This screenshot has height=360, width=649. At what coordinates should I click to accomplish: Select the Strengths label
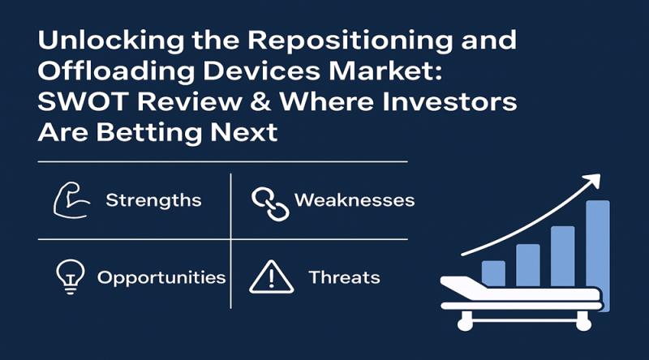point(153,200)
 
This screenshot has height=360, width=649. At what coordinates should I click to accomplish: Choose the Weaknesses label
point(355,200)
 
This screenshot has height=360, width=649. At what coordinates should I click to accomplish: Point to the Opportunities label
point(161,277)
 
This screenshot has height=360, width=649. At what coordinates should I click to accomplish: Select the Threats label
point(344,277)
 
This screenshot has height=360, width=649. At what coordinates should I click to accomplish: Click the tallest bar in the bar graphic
point(597,240)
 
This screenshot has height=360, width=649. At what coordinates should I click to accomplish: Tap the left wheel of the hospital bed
point(465,324)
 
